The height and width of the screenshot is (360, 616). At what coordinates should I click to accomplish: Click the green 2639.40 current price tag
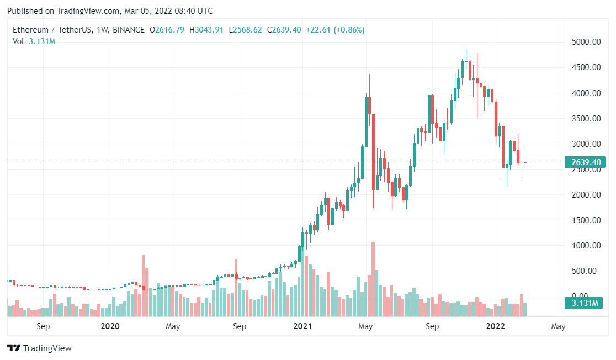pyautogui.click(x=583, y=162)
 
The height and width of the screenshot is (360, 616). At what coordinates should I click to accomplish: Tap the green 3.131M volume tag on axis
pyautogui.click(x=583, y=303)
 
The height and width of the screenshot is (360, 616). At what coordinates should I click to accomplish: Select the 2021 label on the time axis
pyautogui.click(x=302, y=326)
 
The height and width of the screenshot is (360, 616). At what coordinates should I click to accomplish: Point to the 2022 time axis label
pyautogui.click(x=495, y=326)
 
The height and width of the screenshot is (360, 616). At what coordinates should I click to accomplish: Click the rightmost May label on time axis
pyautogui.click(x=558, y=326)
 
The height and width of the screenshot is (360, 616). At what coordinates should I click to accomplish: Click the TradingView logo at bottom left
pyautogui.click(x=39, y=348)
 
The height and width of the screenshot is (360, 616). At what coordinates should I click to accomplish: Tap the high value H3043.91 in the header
pyautogui.click(x=206, y=30)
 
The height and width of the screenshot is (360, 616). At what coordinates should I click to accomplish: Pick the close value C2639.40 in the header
pyautogui.click(x=284, y=30)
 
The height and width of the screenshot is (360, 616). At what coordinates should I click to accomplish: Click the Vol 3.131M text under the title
pyautogui.click(x=34, y=41)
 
